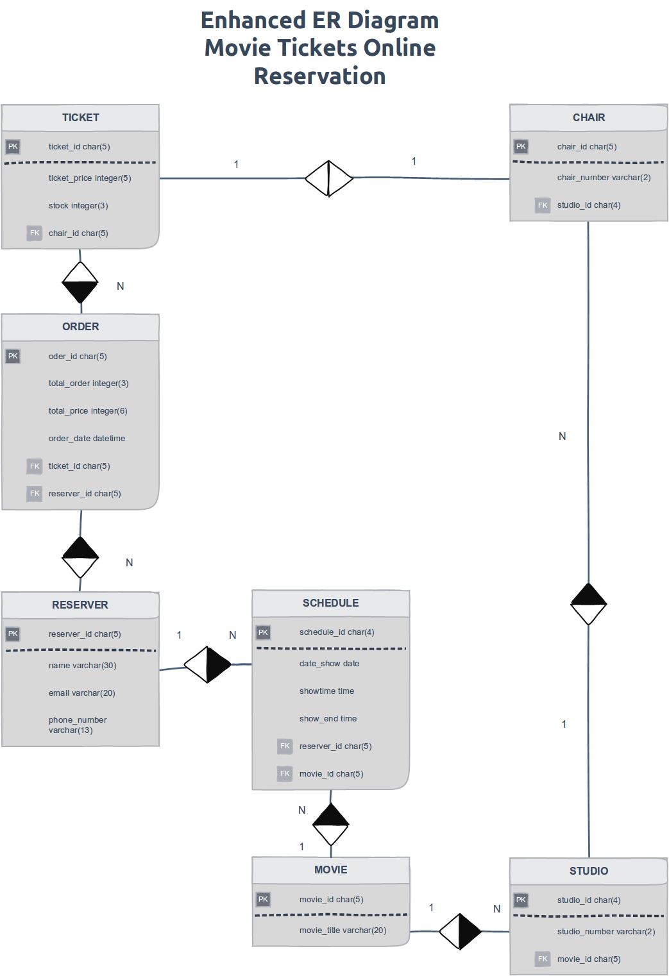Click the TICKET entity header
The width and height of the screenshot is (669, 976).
80,118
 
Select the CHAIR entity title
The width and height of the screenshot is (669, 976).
588,118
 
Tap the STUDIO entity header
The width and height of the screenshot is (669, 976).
588,871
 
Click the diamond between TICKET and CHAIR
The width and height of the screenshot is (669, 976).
328,178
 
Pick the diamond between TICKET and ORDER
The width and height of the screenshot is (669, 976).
80,282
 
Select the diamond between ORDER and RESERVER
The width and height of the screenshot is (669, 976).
80,557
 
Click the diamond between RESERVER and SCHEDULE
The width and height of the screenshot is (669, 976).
207,664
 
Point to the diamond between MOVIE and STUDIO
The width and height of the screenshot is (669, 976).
460,931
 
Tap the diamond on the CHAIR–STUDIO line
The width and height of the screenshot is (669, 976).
588,604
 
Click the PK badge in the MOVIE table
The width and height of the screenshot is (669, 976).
263,899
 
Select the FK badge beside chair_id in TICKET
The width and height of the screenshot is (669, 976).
35,233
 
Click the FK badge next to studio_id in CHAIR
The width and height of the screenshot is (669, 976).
543,205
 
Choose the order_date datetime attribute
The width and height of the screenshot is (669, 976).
87,439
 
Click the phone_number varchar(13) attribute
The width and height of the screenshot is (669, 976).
78,725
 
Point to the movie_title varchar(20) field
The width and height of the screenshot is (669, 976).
343,930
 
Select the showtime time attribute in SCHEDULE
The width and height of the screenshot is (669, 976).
326,691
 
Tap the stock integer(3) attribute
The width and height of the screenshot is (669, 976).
78,206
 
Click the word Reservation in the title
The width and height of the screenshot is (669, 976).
319,76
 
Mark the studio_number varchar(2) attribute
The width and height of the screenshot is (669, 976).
605,931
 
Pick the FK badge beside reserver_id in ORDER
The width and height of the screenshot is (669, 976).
35,493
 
